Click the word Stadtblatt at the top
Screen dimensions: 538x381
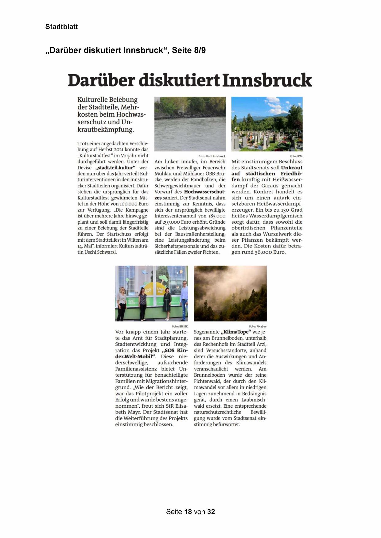click(61, 27)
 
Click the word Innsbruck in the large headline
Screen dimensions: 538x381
click(267, 80)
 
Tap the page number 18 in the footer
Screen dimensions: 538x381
click(188, 512)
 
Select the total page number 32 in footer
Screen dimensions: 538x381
click(211, 512)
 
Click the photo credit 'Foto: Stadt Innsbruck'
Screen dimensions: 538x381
click(212, 156)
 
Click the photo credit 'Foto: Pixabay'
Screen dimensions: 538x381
click(258, 327)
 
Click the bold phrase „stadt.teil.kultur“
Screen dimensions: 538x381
click(115, 168)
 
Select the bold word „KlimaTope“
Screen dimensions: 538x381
click(236, 332)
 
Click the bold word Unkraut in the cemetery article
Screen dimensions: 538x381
click(292, 168)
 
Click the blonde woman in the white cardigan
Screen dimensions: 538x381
click(121, 302)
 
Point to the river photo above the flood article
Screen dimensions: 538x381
click(190, 124)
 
